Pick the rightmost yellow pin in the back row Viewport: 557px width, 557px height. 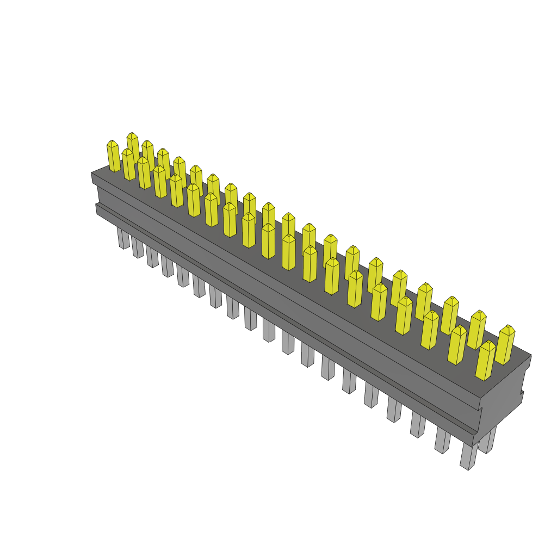pyautogui.click(x=505, y=345)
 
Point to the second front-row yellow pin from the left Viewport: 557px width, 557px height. pyautogui.click(x=128, y=165)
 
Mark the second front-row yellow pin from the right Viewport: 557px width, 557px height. pyautogui.click(x=457, y=345)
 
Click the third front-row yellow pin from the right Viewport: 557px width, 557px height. pyautogui.click(x=430, y=330)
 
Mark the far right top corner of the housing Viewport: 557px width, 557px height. pyautogui.click(x=531, y=355)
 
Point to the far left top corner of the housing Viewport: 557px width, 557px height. pyautogui.click(x=91, y=173)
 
